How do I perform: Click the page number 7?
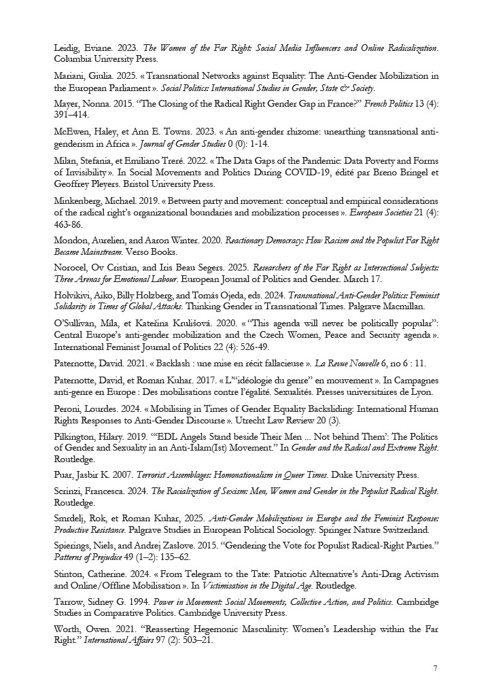point(435,668)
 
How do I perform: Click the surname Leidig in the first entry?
point(67,48)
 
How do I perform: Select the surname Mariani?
point(69,76)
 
